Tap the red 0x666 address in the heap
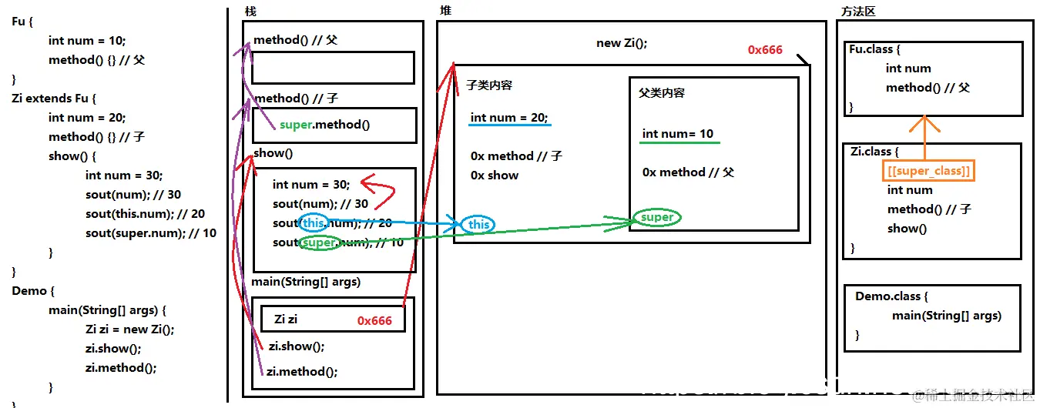click(765, 50)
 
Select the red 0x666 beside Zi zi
click(374, 320)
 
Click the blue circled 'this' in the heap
click(478, 224)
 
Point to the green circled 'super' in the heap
click(657, 217)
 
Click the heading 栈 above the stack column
click(250, 12)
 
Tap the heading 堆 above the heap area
click(445, 11)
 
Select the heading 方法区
click(858, 12)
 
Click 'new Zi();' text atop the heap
click(622, 43)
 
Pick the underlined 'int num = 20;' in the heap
click(509, 118)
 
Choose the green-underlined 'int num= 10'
click(678, 134)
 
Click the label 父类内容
click(662, 92)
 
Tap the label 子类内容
click(489, 85)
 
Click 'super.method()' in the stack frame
click(324, 125)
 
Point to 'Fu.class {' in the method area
click(874, 49)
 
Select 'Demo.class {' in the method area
click(891, 296)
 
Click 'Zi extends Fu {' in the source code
click(54, 99)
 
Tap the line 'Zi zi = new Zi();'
click(129, 329)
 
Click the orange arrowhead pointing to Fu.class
click(924, 123)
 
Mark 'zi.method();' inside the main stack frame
click(302, 371)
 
